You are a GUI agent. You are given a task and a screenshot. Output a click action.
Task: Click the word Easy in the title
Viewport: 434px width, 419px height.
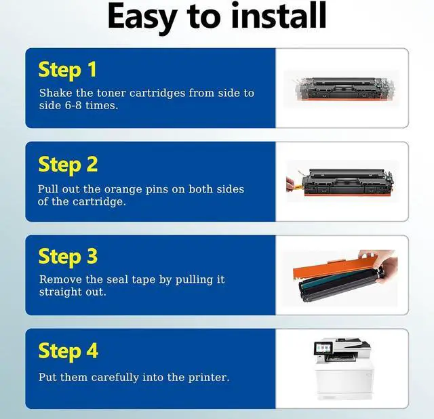click(x=142, y=17)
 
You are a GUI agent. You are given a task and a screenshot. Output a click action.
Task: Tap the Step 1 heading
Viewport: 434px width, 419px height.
click(x=68, y=71)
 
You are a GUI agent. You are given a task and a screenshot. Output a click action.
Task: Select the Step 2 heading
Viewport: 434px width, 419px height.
click(x=68, y=165)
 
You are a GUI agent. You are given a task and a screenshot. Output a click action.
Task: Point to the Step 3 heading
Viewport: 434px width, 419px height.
click(x=68, y=257)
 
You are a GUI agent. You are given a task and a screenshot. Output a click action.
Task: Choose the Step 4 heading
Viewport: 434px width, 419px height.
click(x=68, y=351)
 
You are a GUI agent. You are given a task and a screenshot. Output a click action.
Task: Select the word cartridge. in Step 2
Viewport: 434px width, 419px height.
click(x=99, y=202)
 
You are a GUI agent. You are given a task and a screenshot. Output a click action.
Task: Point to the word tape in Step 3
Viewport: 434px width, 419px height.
click(x=144, y=280)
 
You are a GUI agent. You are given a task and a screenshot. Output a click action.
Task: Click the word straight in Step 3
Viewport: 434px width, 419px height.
click(x=61, y=292)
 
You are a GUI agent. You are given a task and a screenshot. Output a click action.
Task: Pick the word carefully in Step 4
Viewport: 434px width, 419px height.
click(x=115, y=378)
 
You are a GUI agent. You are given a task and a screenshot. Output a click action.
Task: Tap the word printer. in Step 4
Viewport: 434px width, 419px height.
click(x=209, y=378)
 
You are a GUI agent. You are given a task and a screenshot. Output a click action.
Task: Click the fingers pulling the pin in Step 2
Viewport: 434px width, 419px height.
click(x=290, y=184)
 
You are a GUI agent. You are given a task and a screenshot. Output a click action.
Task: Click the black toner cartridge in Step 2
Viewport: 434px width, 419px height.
click(x=348, y=182)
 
